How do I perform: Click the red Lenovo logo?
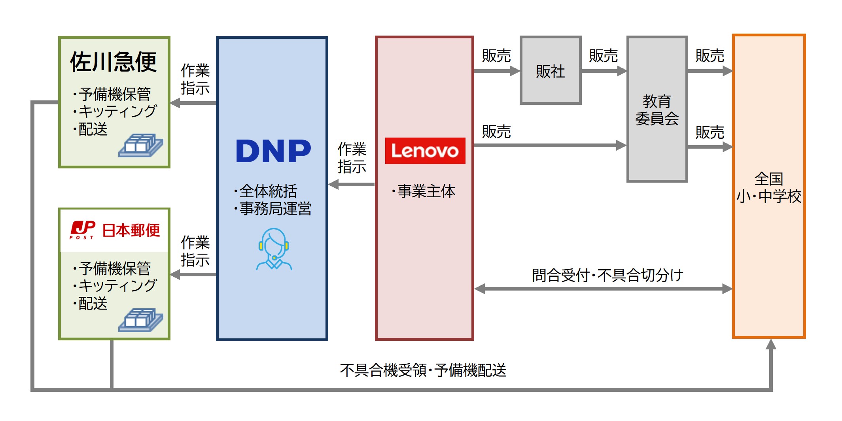(425, 151)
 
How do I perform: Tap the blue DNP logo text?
(273, 151)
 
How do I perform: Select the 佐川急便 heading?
(114, 62)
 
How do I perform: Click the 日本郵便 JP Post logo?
(115, 230)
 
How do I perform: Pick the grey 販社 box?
(550, 71)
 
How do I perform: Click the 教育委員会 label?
(657, 110)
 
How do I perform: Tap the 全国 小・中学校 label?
(768, 187)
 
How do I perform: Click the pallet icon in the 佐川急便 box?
(140, 145)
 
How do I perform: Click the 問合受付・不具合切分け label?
(607, 275)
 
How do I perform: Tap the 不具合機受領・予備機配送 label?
(423, 370)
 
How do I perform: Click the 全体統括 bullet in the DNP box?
(268, 191)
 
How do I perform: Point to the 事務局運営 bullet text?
(275, 209)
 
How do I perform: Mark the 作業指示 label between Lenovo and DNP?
(352, 158)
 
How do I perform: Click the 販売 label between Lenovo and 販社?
(496, 56)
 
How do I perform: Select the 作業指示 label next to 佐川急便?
(195, 79)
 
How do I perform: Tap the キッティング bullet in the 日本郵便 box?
(117, 285)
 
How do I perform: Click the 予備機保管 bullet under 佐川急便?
(114, 94)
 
